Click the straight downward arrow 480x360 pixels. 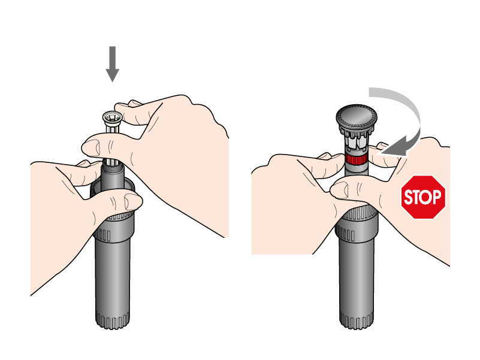[x=112, y=64]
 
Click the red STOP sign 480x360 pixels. [x=423, y=197]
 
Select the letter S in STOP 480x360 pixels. [x=409, y=197]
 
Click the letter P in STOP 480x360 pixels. [x=437, y=197]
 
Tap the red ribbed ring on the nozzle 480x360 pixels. [x=357, y=159]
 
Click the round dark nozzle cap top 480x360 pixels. [x=357, y=116]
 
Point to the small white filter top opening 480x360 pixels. [x=112, y=117]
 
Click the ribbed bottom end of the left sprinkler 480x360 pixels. [x=112, y=320]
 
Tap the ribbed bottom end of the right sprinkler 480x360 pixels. [x=357, y=320]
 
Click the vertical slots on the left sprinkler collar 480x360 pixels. [x=105, y=235]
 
